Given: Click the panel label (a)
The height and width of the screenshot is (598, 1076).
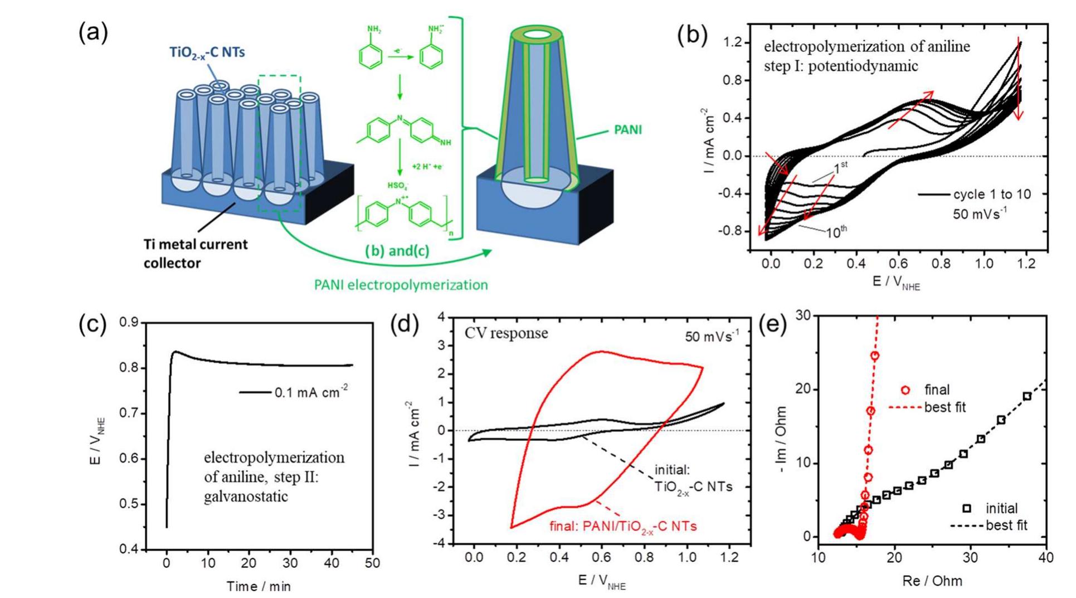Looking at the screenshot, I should coord(93,33).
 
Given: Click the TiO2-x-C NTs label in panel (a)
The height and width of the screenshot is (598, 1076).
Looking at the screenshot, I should coord(207,53).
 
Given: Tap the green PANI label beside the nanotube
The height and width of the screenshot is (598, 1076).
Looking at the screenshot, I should coord(627,130).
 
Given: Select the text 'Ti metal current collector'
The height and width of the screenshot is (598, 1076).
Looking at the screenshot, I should coord(195,254).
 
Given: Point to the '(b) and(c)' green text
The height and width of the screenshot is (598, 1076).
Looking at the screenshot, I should coord(397,251).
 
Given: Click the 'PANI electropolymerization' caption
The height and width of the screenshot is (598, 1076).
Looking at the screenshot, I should coord(401,285).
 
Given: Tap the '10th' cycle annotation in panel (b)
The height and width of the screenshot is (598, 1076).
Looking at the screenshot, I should coord(836,231).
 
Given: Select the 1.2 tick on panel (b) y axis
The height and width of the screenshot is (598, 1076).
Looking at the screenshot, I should coord(732,43).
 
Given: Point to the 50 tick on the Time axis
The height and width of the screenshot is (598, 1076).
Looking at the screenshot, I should coord(372,563).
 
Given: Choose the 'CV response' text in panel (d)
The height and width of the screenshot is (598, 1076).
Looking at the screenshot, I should coord(506,333).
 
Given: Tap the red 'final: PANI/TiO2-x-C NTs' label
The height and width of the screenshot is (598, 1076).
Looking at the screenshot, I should coord(623,526).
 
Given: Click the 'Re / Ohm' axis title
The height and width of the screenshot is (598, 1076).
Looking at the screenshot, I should coord(932,581).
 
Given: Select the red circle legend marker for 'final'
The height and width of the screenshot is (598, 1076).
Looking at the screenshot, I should coord(905,390).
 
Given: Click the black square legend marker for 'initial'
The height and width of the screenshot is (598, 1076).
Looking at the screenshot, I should coord(966,508).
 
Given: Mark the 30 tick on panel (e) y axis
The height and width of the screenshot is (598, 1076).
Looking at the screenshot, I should coord(803,315).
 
